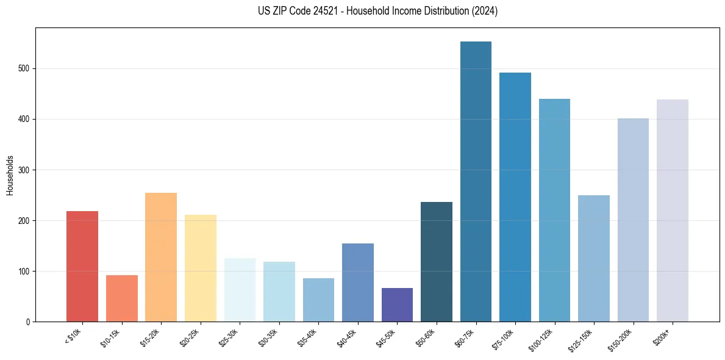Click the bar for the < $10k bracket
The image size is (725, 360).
click(x=82, y=266)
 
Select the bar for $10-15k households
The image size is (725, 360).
click(x=121, y=298)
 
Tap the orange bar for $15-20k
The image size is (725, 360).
click(x=161, y=257)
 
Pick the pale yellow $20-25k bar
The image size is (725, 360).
click(x=200, y=268)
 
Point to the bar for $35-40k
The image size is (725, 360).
click(x=318, y=300)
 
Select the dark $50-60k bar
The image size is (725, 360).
click(x=437, y=262)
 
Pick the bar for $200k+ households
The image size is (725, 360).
click(x=673, y=211)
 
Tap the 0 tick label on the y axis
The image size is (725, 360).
click(x=28, y=322)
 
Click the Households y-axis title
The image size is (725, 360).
click(x=10, y=175)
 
